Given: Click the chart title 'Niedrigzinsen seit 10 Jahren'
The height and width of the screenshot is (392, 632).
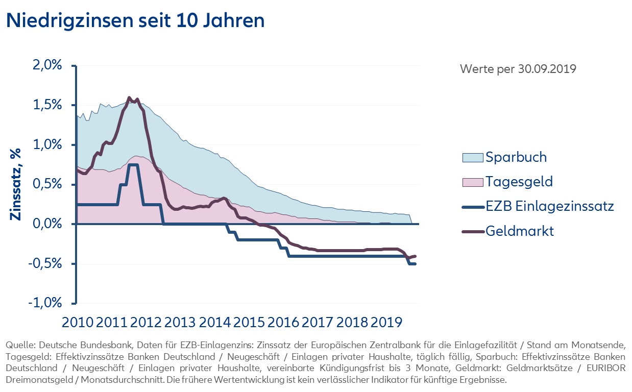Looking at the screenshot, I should (x=135, y=21).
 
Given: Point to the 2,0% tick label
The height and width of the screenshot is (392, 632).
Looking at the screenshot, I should (x=47, y=66).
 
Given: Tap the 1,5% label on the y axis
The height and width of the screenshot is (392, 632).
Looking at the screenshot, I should (x=47, y=105).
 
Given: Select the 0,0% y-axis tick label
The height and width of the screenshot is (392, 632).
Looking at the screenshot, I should (x=47, y=224).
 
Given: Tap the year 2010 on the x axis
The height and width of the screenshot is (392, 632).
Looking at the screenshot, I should (x=77, y=323).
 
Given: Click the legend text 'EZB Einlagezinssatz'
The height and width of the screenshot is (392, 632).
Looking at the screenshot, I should (x=549, y=206).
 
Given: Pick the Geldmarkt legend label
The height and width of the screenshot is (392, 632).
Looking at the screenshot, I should (x=519, y=231).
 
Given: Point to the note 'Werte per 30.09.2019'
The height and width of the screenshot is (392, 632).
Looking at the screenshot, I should (x=518, y=69).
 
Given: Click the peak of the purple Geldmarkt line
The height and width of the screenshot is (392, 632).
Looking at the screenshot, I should (x=129, y=97).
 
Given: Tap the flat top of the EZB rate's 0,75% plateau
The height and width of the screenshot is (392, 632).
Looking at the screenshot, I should (x=133, y=164).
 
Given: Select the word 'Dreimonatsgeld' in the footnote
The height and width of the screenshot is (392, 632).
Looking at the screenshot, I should (x=31, y=380).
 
